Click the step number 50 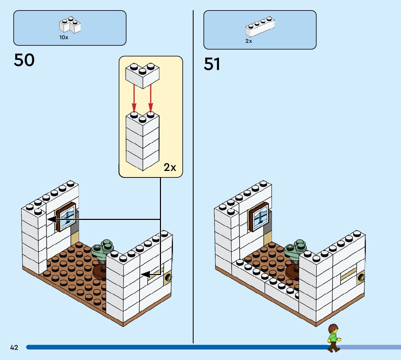[x=24, y=60]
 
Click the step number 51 [x=212, y=64]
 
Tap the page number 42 [x=14, y=348]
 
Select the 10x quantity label [x=64, y=37]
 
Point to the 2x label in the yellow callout [x=170, y=167]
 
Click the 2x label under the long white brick [x=249, y=41]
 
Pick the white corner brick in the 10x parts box [x=70, y=25]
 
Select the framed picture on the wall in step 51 [x=259, y=217]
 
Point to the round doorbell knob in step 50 [x=168, y=278]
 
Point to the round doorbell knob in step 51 [x=361, y=278]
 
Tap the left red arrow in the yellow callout [x=134, y=98]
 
